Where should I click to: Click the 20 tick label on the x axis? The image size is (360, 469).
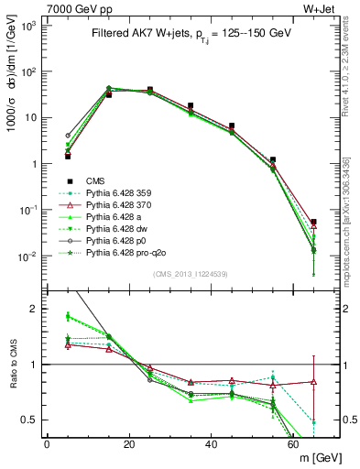[129, 444]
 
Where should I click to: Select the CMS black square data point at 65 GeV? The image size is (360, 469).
[314, 223]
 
